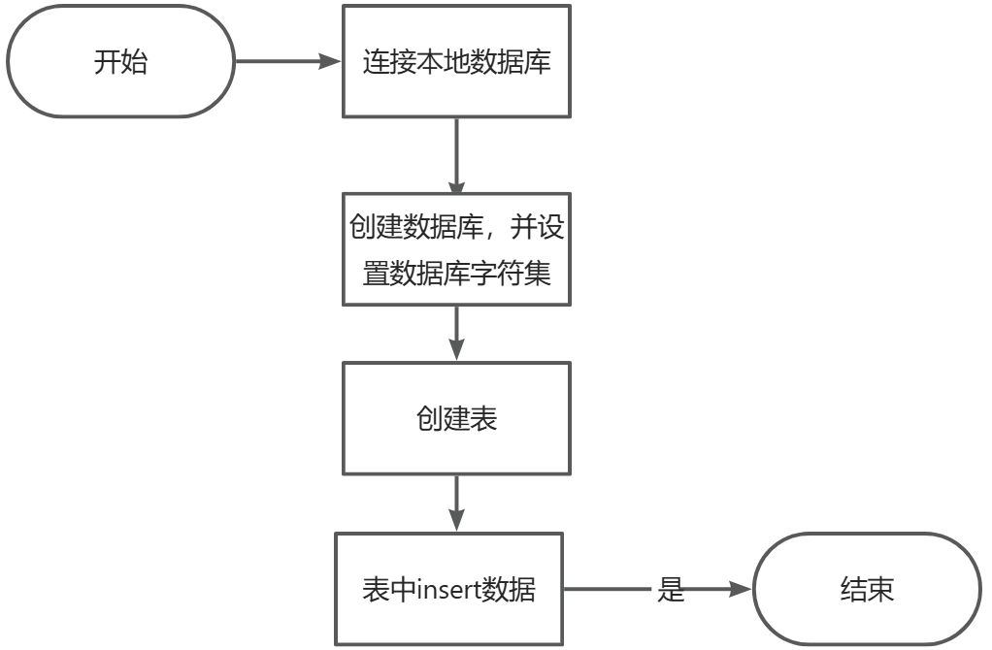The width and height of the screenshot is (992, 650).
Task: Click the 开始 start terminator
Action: click(120, 62)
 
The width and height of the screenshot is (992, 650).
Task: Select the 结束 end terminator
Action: click(867, 589)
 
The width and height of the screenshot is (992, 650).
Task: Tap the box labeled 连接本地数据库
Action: click(456, 62)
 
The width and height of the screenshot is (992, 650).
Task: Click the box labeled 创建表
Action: click(456, 418)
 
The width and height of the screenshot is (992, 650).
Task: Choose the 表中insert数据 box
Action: click(448, 589)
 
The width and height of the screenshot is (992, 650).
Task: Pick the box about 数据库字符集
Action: click(456, 250)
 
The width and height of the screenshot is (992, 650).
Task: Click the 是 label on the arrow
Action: click(672, 589)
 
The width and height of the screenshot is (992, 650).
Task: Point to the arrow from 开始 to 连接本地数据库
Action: click(286, 62)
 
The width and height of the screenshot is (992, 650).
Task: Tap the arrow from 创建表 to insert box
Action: click(456, 502)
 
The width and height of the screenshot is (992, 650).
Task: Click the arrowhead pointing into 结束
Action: click(742, 589)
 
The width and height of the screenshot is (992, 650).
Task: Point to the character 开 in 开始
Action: click(107, 63)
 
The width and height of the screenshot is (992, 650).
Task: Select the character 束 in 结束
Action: click(880, 589)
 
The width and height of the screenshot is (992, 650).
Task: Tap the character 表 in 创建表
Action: click(483, 418)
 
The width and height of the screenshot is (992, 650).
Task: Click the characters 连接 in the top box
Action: click(389, 63)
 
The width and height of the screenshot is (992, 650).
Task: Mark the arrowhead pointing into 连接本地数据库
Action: click(333, 62)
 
